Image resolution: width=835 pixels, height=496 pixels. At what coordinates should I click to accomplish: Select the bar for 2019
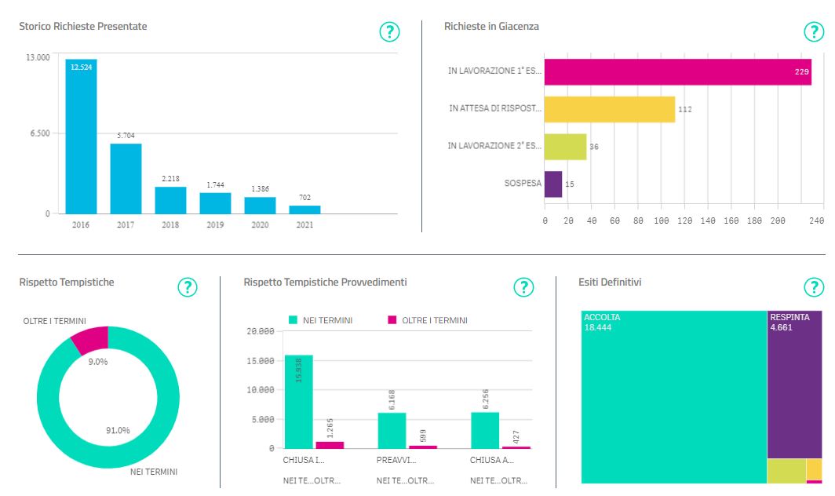[215, 203]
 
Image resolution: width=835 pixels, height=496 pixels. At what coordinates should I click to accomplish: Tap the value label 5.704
[126, 136]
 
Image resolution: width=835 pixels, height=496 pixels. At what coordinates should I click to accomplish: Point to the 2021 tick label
[304, 224]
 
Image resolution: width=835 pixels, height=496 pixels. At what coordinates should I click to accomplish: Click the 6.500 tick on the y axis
[39, 133]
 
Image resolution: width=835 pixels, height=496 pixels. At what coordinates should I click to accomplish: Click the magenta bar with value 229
[677, 72]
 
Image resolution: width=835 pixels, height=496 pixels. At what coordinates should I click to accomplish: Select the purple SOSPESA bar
[553, 184]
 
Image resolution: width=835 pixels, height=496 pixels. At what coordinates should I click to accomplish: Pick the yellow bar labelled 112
[610, 109]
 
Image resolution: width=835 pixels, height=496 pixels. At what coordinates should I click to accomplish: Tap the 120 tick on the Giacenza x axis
[684, 221]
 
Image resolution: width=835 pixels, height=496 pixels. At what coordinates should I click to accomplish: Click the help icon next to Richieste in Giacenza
[814, 32]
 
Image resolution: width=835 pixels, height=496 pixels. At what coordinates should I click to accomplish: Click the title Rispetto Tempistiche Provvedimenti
[325, 282]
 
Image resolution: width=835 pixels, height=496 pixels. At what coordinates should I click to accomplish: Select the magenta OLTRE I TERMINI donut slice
[89, 339]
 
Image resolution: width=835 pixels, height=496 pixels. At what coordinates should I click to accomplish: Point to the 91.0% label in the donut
[119, 430]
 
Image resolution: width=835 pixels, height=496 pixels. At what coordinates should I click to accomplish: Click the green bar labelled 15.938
[298, 401]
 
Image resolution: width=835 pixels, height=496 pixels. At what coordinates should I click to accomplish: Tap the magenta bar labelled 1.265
[330, 445]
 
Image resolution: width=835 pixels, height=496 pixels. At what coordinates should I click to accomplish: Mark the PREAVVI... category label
[392, 461]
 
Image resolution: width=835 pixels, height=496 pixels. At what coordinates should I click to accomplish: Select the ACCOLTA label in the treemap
[602, 317]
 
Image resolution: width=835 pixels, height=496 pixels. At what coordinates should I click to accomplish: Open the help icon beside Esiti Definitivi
[814, 287]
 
